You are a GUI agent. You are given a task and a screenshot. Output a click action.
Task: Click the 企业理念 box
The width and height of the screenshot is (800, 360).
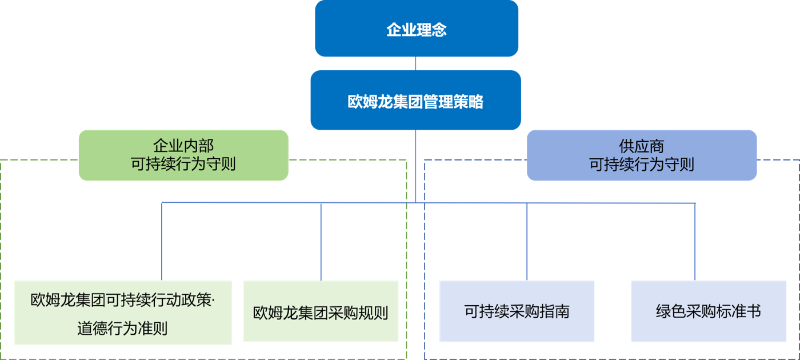[417, 29]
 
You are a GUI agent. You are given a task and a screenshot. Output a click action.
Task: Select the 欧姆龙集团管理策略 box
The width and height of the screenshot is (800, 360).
[415, 101]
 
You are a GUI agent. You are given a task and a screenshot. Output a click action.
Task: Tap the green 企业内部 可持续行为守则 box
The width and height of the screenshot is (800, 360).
[183, 155]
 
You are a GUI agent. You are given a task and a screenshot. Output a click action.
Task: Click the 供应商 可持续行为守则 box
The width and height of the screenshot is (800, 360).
[641, 155]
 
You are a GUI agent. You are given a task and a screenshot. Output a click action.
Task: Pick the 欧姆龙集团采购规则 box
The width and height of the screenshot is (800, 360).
[321, 312]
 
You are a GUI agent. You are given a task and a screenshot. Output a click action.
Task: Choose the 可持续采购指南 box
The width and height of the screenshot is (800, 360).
[517, 311]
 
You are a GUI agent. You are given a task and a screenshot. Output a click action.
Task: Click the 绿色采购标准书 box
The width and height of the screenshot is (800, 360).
[708, 311]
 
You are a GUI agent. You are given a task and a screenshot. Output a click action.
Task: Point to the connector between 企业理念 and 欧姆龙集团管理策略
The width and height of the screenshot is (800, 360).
[415, 63]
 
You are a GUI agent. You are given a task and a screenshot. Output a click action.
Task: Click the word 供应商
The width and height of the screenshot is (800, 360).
[641, 146]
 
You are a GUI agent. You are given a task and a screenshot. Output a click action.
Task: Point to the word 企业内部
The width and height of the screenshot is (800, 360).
[183, 146]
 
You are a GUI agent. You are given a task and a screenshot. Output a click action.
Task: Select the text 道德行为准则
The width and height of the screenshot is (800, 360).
[122, 329]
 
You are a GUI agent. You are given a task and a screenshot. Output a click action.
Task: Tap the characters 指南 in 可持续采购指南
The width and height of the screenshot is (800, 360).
[556, 312]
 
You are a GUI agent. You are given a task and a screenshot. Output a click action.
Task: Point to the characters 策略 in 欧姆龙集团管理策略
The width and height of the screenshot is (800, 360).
[470, 102]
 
